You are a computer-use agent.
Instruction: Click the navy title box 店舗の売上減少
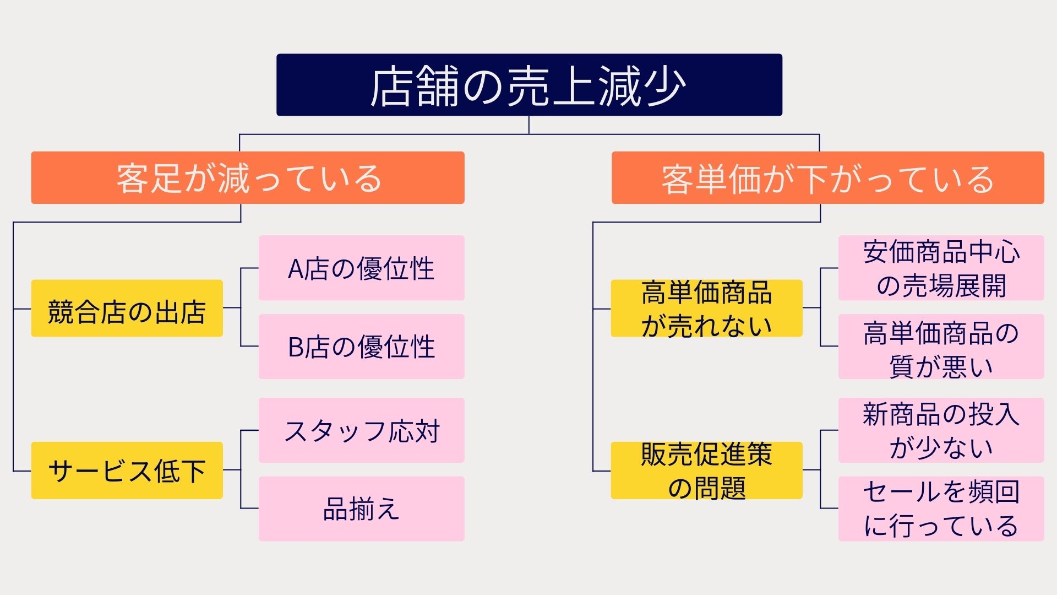pyautogui.click(x=528, y=85)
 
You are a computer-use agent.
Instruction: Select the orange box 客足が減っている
pyautogui.click(x=248, y=177)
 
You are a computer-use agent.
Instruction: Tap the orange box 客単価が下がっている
pyautogui.click(x=827, y=177)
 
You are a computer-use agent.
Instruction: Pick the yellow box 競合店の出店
pyautogui.click(x=127, y=308)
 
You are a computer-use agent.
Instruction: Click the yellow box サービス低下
pyautogui.click(x=127, y=470)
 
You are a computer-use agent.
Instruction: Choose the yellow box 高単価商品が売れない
pyautogui.click(x=706, y=308)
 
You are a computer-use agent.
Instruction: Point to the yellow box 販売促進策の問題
pyautogui.click(x=706, y=470)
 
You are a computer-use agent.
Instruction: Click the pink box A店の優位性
pyautogui.click(x=361, y=268)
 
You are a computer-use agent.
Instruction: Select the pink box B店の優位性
pyautogui.click(x=361, y=346)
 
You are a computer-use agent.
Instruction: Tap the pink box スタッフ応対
pyautogui.click(x=361, y=430)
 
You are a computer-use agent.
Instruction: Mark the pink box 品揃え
pyautogui.click(x=361, y=508)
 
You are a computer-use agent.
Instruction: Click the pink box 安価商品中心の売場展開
pyautogui.click(x=941, y=268)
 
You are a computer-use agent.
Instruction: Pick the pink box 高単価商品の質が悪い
pyautogui.click(x=941, y=346)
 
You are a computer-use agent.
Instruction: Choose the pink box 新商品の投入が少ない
pyautogui.click(x=941, y=430)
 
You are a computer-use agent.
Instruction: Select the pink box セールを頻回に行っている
pyautogui.click(x=941, y=508)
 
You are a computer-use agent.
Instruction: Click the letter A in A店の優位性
pyautogui.click(x=296, y=269)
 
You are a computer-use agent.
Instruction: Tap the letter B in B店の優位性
pyautogui.click(x=296, y=348)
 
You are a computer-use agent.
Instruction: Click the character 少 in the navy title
pyautogui.click(x=664, y=86)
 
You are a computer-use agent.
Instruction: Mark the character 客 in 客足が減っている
pyautogui.click(x=132, y=178)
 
